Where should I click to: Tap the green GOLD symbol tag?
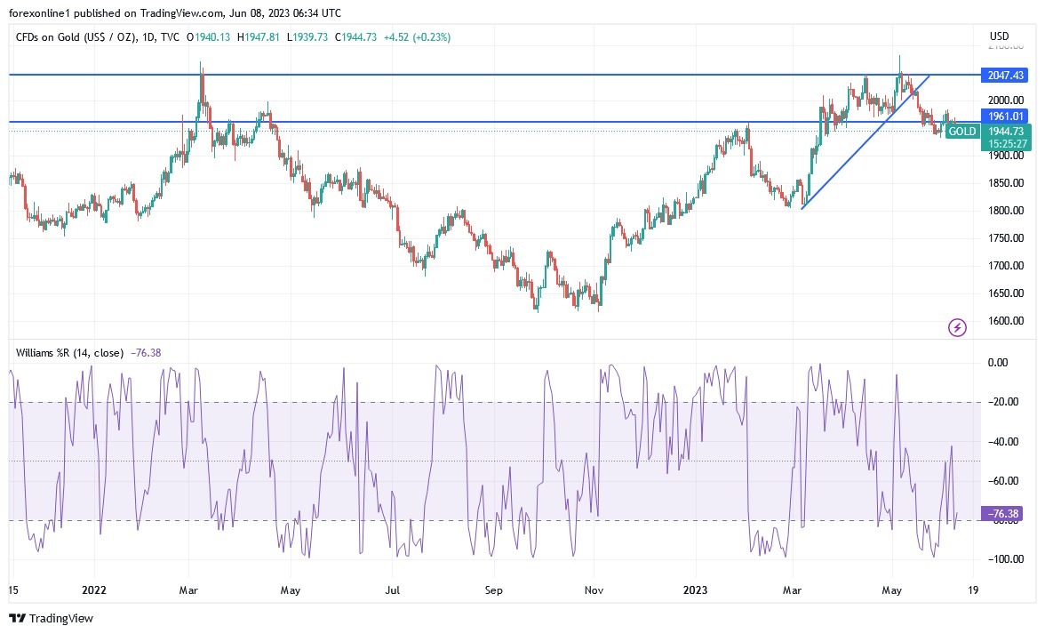tap(962, 131)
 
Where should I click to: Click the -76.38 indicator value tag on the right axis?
tap(1003, 513)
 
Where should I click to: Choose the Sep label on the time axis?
tap(494, 589)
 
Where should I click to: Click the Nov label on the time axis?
tap(595, 589)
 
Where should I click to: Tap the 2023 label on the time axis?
tap(695, 589)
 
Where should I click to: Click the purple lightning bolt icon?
tap(957, 328)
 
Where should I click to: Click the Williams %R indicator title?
tap(70, 352)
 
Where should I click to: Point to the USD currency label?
tap(999, 36)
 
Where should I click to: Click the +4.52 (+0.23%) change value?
tap(417, 36)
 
